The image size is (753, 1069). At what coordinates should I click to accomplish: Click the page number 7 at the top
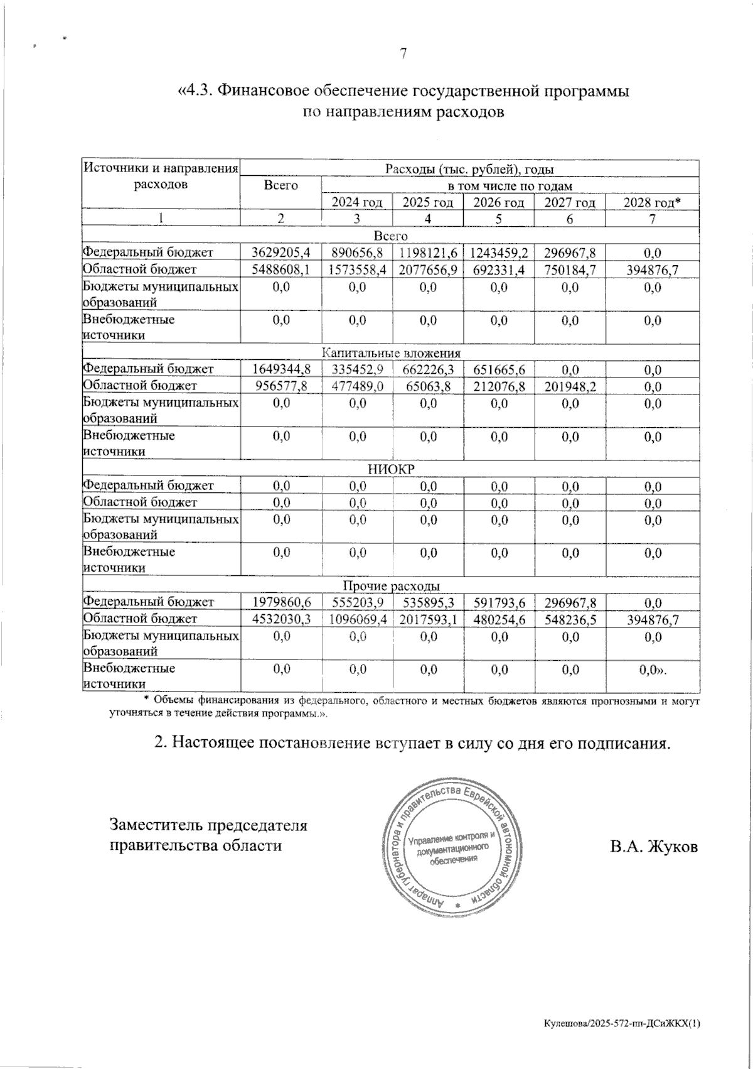point(404,54)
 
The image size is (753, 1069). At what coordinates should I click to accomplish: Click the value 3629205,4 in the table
point(281,253)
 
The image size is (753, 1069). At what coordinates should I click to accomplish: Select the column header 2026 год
point(498,202)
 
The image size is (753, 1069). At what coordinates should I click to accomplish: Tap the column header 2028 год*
point(652,202)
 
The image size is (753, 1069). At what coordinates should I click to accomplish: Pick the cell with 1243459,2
point(499,253)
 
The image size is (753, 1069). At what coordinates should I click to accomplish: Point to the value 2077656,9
point(427,270)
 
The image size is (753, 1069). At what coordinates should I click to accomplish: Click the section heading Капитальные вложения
point(391,353)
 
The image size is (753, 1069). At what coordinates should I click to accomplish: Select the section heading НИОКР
point(391,469)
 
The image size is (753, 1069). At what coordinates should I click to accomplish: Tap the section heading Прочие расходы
point(391,586)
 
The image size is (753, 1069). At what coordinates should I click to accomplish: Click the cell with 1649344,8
point(281,369)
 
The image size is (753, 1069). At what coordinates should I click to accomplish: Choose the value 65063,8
point(427,386)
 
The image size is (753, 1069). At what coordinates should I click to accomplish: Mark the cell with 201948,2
point(570,386)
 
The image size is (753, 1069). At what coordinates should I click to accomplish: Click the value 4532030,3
point(281,619)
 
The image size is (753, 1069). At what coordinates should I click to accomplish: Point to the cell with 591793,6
point(499,602)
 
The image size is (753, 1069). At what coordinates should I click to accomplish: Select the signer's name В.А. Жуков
point(653,846)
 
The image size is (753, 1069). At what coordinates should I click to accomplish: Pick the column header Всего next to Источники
point(280,185)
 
